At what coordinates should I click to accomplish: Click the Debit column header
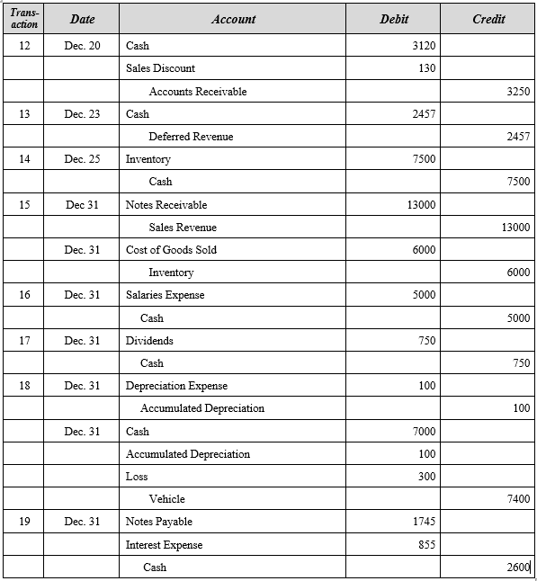[x=393, y=19]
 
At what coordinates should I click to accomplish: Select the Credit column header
[x=488, y=19]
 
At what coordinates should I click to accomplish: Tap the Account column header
[x=233, y=19]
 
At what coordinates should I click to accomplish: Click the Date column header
[x=82, y=19]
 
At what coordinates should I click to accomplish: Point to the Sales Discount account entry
[x=160, y=68]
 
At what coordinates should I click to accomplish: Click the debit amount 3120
[x=423, y=46]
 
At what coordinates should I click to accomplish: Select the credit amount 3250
[x=518, y=91]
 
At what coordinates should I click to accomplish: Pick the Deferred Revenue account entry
[x=191, y=137]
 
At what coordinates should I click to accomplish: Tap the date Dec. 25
[x=82, y=159]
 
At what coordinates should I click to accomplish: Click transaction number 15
[x=24, y=205]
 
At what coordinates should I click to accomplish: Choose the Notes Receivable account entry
[x=166, y=205]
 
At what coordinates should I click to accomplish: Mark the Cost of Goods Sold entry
[x=171, y=250]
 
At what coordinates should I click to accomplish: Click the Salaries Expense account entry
[x=165, y=295]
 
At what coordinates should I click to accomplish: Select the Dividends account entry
[x=149, y=341]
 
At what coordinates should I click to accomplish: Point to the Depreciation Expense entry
[x=176, y=386]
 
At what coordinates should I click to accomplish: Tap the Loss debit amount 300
[x=426, y=477]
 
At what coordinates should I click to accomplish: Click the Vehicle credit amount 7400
[x=518, y=499]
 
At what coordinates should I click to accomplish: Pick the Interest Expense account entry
[x=164, y=545]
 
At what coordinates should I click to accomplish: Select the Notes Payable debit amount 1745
[x=423, y=522]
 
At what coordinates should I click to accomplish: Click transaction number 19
[x=24, y=522]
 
